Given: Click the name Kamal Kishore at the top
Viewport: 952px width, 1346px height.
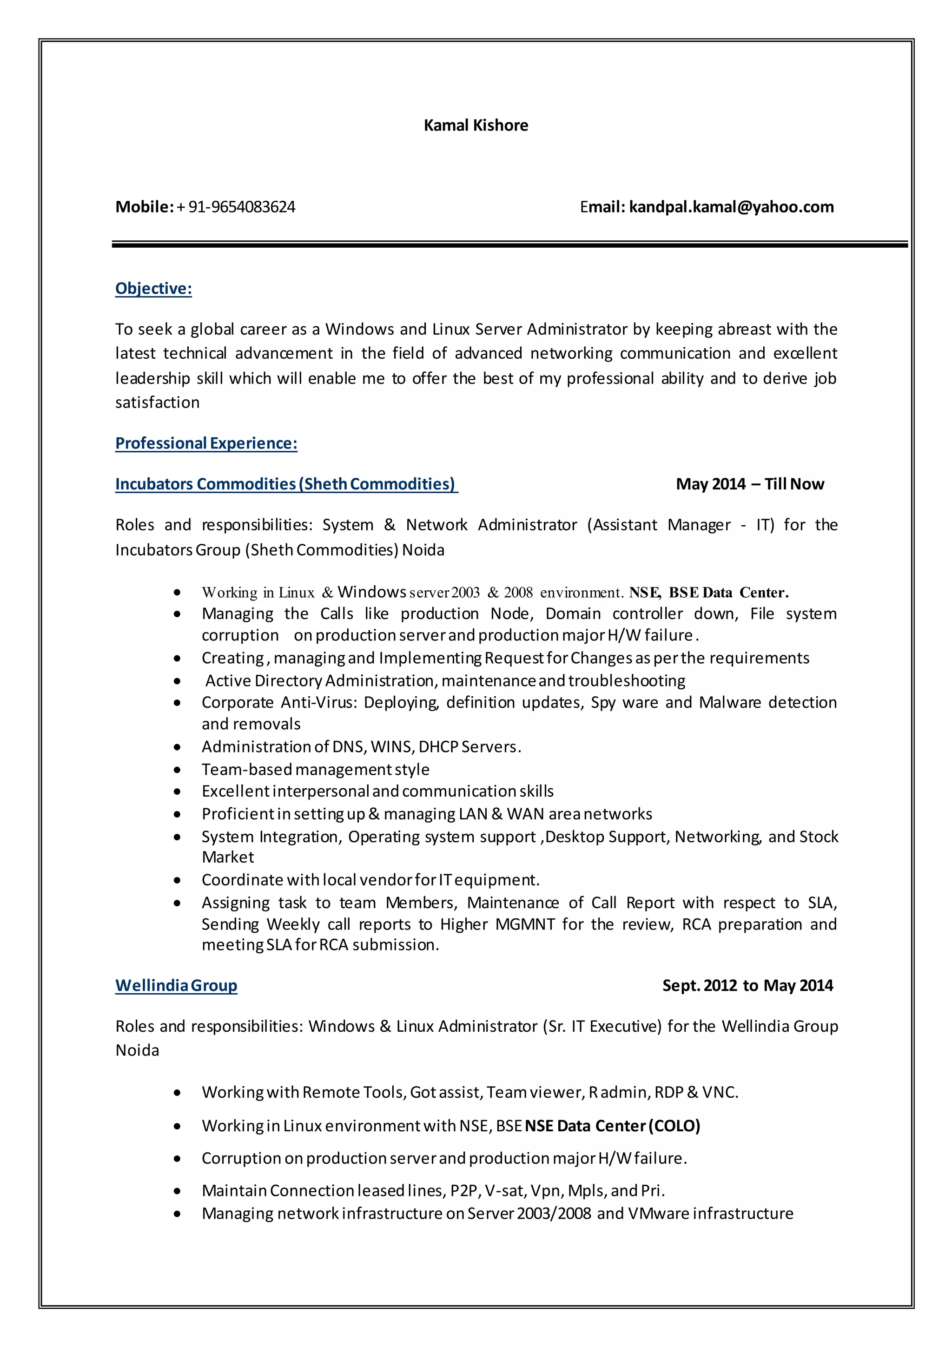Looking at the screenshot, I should (x=476, y=125).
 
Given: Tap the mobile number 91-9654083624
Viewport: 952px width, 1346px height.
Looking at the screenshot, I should (x=242, y=207).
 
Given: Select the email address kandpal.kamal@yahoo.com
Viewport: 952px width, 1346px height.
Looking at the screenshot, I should (x=731, y=207).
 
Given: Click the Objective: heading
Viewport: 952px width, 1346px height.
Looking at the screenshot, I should (x=153, y=289).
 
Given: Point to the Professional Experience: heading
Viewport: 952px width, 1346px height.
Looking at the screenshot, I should (x=206, y=443).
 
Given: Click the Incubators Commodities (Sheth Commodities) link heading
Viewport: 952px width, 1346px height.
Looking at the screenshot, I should (x=285, y=484).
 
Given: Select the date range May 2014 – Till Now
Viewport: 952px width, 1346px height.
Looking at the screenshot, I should (x=750, y=484).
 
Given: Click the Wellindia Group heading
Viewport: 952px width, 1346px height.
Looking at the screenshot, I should (x=176, y=985).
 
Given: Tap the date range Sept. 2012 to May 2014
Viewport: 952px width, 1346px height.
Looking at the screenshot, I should (x=747, y=985).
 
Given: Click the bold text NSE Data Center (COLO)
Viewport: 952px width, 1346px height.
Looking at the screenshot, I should (x=612, y=1126).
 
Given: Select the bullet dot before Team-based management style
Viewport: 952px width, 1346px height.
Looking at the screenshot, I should (x=177, y=770).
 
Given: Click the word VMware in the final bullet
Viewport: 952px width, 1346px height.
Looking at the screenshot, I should (x=658, y=1213).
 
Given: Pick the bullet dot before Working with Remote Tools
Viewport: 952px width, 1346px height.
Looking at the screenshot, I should (x=177, y=1093).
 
